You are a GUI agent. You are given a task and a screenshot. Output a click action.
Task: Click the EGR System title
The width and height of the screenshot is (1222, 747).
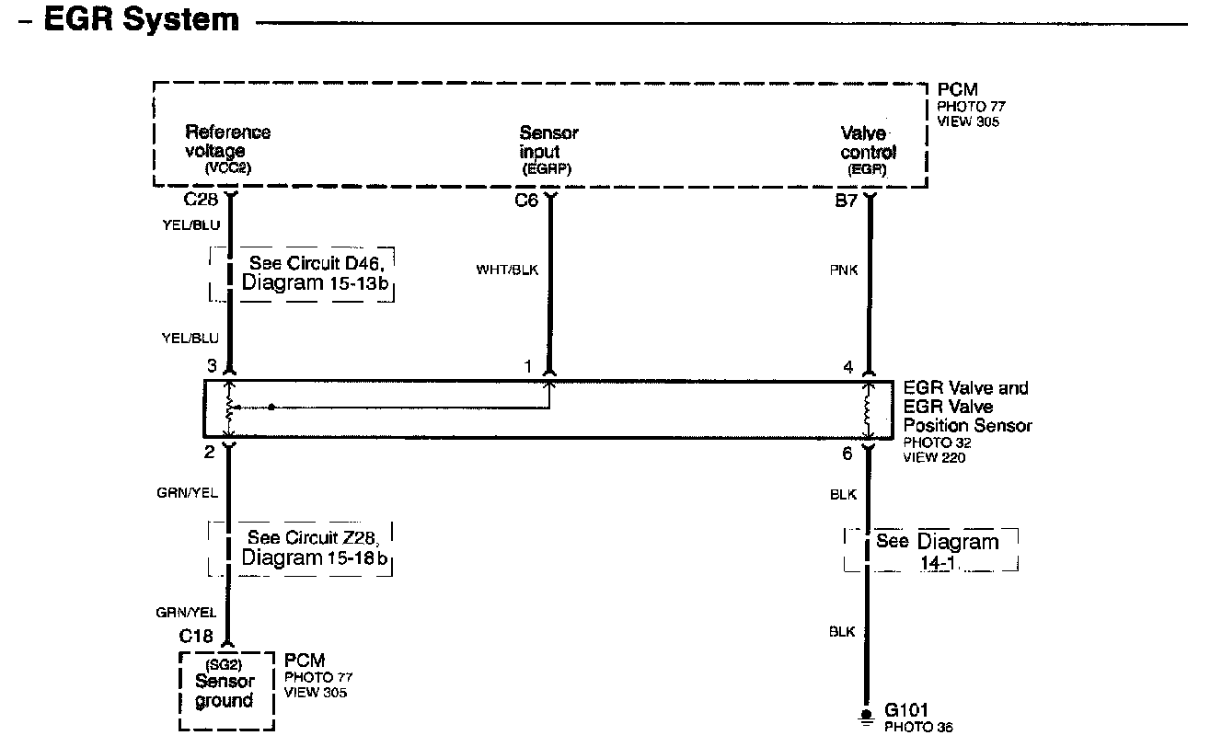tap(142, 20)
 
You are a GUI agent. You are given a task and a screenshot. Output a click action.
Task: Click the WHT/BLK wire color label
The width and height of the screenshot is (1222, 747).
tap(506, 270)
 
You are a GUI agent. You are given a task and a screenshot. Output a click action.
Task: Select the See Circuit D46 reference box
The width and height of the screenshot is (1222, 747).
tap(302, 273)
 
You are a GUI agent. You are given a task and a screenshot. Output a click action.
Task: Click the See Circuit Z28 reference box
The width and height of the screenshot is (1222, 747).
tap(301, 548)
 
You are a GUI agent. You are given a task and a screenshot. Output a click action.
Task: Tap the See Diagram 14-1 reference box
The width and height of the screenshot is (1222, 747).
tap(931, 550)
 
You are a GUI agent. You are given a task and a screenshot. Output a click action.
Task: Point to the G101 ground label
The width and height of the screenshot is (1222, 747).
tap(906, 710)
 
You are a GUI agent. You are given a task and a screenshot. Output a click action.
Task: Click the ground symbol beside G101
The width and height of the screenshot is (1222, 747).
tap(866, 718)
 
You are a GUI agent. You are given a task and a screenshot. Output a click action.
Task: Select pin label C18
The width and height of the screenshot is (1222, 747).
tap(197, 636)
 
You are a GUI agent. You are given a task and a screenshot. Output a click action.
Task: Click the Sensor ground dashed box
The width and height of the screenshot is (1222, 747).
tap(225, 691)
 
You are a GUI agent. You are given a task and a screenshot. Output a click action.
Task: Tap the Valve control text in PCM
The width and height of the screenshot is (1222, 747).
tap(867, 144)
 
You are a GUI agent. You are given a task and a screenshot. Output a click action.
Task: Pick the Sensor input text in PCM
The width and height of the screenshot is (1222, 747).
tap(548, 143)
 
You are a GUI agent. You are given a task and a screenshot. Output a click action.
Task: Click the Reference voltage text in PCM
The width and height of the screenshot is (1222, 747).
tap(227, 142)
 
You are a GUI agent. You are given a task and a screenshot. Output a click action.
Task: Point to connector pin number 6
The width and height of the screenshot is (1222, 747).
tap(847, 452)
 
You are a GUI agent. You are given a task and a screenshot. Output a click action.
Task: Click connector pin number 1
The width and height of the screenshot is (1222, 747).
tap(528, 367)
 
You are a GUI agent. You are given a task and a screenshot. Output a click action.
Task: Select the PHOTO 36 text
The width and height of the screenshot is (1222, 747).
tap(918, 728)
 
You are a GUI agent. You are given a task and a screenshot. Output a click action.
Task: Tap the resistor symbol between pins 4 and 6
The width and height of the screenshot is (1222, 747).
tap(867, 410)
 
